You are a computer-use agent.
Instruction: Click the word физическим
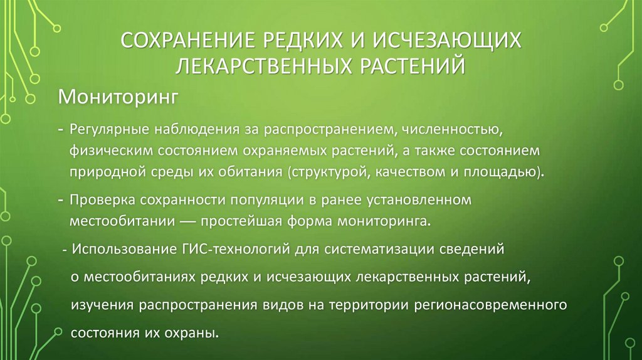coord(110,152)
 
